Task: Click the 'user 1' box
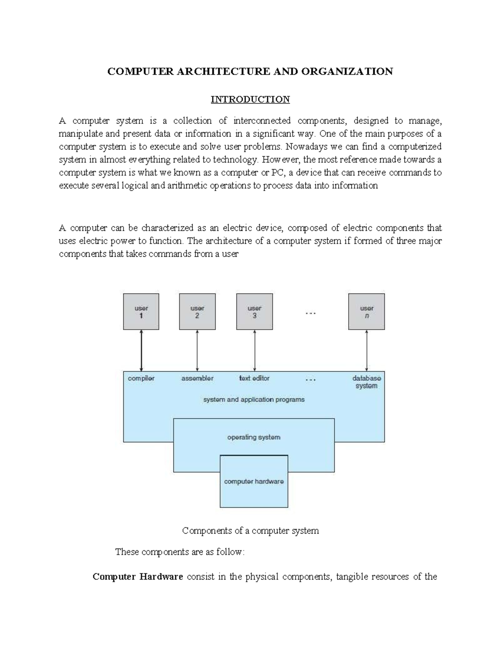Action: [141, 312]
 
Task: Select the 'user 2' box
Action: [197, 312]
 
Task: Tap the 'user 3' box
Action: [254, 312]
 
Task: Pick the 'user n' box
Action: [367, 312]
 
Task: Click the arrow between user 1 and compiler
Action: [142, 350]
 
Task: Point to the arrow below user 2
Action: [197, 350]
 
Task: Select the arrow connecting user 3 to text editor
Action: [255, 350]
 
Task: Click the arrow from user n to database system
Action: [367, 350]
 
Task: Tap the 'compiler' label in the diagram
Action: [141, 378]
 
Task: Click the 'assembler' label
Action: [197, 378]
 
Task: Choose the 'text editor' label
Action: [254, 378]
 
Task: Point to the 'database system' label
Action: [367, 382]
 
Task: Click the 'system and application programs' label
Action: [254, 400]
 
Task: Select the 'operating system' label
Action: [254, 437]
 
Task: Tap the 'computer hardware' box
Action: [254, 482]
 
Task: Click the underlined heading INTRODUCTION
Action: [250, 99]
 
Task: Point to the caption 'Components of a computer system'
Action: [250, 531]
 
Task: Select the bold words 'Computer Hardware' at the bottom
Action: [138, 577]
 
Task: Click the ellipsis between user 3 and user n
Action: [311, 313]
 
